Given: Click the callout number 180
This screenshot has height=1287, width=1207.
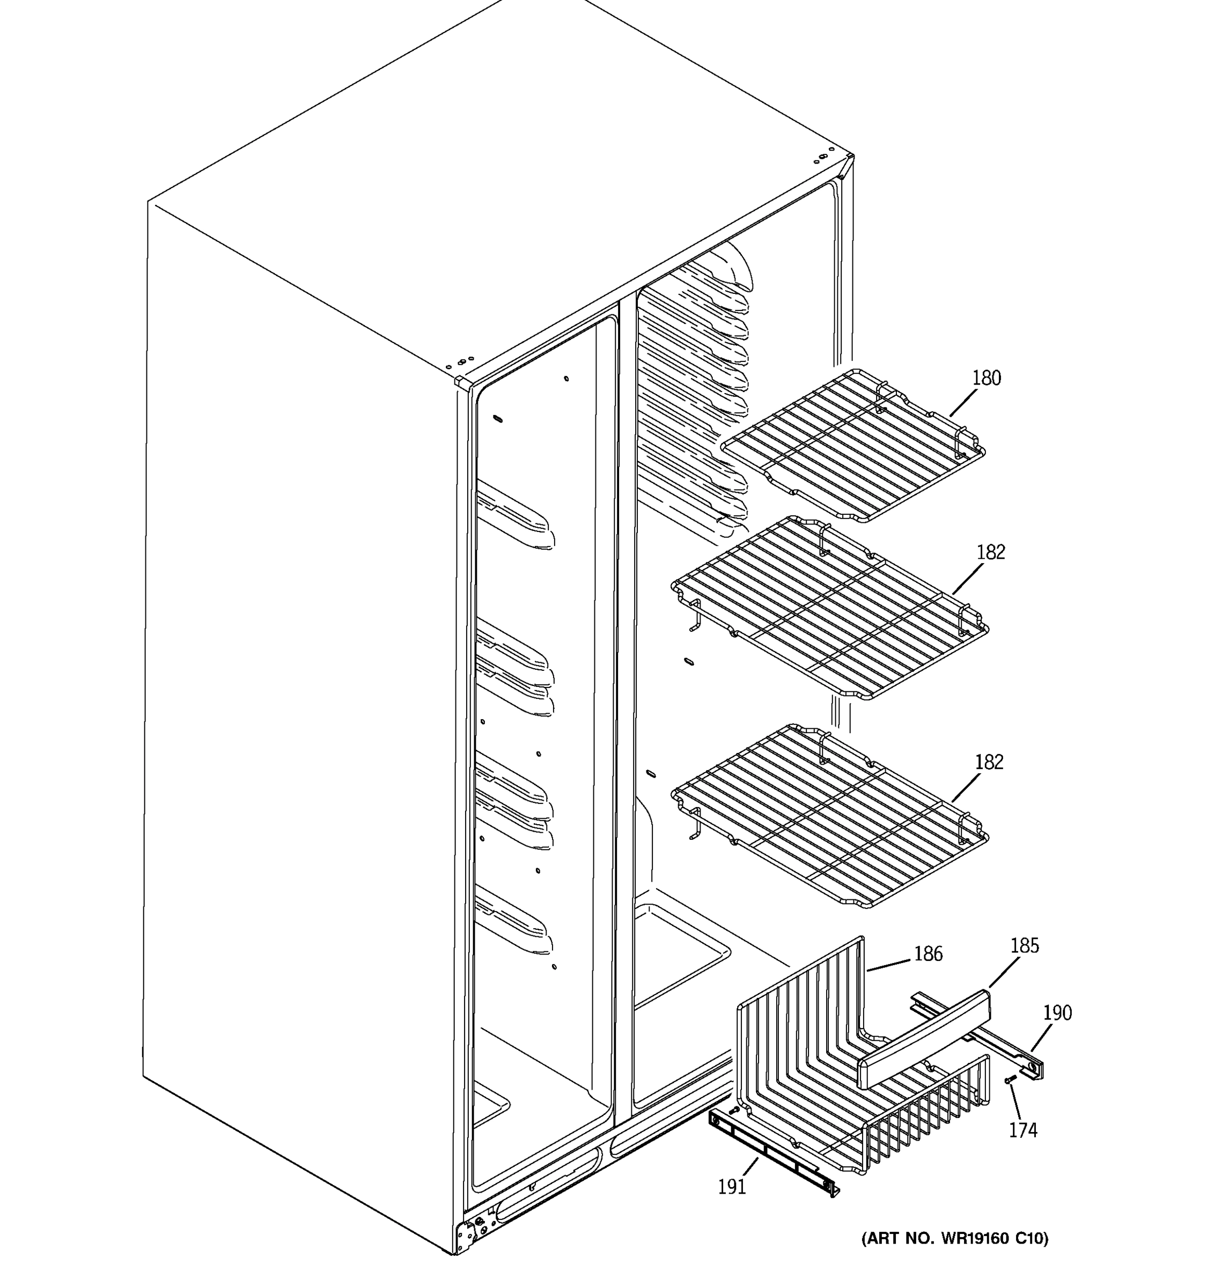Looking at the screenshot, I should (986, 378).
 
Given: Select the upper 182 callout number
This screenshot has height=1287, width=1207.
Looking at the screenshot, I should (991, 552).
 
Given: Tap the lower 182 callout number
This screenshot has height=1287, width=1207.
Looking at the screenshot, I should (989, 762).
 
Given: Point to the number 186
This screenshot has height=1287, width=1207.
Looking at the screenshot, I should (928, 953).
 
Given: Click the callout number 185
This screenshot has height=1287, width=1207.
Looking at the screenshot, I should (1025, 946).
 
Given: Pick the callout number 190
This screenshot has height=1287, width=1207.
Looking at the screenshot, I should (1057, 1012).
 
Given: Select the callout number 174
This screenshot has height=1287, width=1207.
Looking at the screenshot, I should (1023, 1130).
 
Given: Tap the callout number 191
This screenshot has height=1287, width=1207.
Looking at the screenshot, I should (732, 1187).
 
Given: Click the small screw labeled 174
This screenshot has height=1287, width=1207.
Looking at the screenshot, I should (1010, 1080).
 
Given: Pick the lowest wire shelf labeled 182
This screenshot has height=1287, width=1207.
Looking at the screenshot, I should (829, 816).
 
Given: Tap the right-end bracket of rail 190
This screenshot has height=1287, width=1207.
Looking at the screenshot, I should (1035, 1069).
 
